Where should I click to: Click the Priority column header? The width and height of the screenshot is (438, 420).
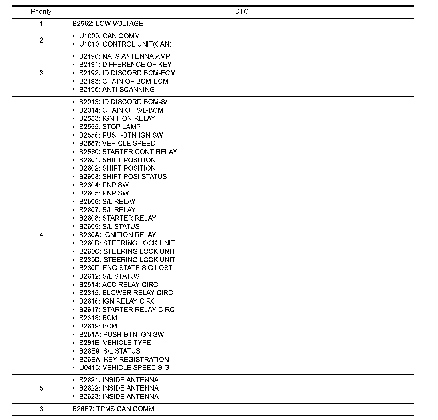(x=41, y=11)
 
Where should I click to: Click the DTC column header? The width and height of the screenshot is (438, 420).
(x=242, y=11)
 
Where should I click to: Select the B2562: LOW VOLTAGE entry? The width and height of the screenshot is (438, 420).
(x=108, y=24)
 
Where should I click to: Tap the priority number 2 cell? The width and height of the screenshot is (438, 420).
(x=41, y=40)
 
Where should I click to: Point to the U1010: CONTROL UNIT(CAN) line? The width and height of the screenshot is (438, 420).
(x=125, y=44)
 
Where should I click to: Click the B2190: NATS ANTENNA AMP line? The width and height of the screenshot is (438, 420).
(x=124, y=56)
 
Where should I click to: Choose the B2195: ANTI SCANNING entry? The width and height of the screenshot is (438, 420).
(x=117, y=90)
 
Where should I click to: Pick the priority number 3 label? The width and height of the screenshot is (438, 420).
(x=41, y=73)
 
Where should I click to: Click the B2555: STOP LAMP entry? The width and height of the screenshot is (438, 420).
(x=110, y=127)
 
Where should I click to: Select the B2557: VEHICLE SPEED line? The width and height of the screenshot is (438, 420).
(x=117, y=143)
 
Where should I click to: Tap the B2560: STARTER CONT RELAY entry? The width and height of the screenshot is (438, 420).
(x=128, y=152)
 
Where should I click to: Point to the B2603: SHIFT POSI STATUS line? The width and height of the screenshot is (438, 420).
(x=123, y=177)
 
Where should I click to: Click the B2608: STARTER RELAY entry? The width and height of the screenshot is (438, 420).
(x=117, y=218)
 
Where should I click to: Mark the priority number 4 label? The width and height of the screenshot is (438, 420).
(x=41, y=235)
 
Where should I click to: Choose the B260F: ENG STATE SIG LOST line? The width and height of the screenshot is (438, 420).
(x=125, y=268)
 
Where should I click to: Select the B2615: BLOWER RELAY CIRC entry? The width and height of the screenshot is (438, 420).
(x=126, y=293)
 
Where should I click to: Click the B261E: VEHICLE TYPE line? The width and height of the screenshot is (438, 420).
(x=115, y=343)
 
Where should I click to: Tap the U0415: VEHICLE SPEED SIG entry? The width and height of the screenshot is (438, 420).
(x=124, y=368)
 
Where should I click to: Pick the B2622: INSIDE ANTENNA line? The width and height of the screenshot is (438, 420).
(x=119, y=388)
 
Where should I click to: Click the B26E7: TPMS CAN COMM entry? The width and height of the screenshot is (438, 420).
(x=113, y=409)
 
